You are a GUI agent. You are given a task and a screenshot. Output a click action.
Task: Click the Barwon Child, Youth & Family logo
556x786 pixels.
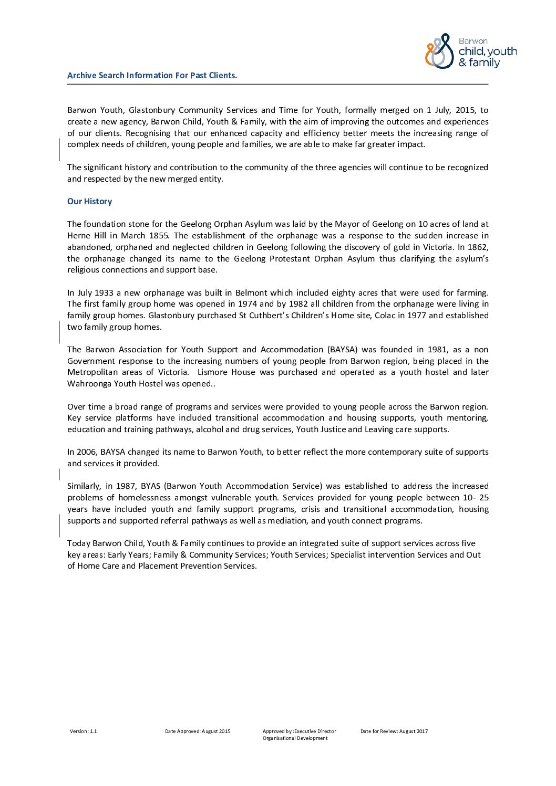coord(470,51)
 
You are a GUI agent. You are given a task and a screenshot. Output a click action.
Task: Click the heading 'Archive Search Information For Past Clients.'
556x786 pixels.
coord(152,76)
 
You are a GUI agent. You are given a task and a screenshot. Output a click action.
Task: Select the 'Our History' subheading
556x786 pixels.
coord(89,202)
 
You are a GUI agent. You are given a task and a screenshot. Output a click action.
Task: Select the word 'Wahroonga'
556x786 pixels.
coord(86,384)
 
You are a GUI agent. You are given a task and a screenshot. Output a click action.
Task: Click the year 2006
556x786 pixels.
coord(87,452)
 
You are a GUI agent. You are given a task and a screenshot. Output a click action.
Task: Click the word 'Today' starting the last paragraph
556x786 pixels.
coord(78,543)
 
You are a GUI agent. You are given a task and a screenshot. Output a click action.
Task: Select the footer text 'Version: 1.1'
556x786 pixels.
coord(84,731)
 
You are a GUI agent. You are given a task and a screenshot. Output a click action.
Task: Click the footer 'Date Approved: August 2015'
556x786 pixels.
coord(198,731)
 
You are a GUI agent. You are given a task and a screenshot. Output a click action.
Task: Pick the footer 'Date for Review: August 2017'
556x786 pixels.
coord(394,731)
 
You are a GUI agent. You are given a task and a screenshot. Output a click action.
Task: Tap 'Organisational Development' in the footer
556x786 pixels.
coord(295,738)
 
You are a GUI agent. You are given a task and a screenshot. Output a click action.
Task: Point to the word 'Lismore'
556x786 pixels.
coord(212,372)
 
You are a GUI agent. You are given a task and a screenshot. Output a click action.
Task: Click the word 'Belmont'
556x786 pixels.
coord(251,293)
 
